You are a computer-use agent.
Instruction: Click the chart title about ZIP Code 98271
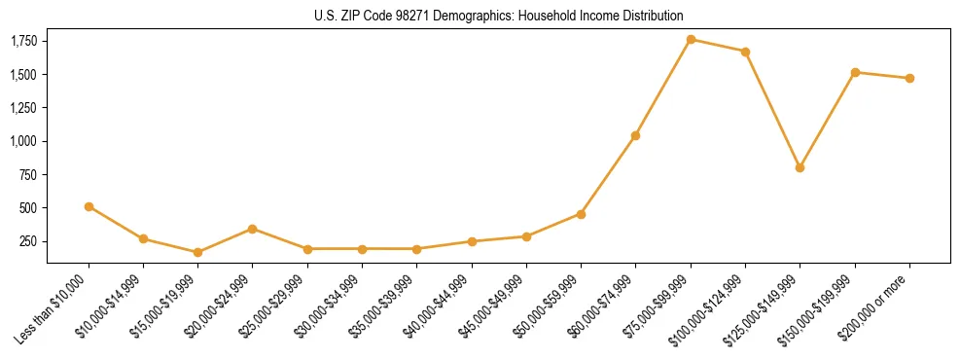point(498,16)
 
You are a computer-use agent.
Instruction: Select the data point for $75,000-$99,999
point(691,39)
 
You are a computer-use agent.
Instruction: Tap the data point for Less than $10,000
point(89,206)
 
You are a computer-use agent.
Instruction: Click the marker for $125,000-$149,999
point(800,167)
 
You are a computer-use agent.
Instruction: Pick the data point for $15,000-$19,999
point(197,252)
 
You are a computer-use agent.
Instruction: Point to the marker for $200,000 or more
point(909,78)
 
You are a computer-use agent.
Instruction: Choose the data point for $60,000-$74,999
point(635,135)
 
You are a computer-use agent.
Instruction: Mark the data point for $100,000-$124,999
point(745,52)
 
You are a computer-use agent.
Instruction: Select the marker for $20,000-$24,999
point(252,229)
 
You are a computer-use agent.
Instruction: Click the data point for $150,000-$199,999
point(855,72)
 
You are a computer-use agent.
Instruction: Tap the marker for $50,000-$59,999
point(581,214)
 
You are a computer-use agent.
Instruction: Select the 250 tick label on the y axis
point(29,241)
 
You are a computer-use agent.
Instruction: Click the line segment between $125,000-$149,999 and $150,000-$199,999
point(827,120)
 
